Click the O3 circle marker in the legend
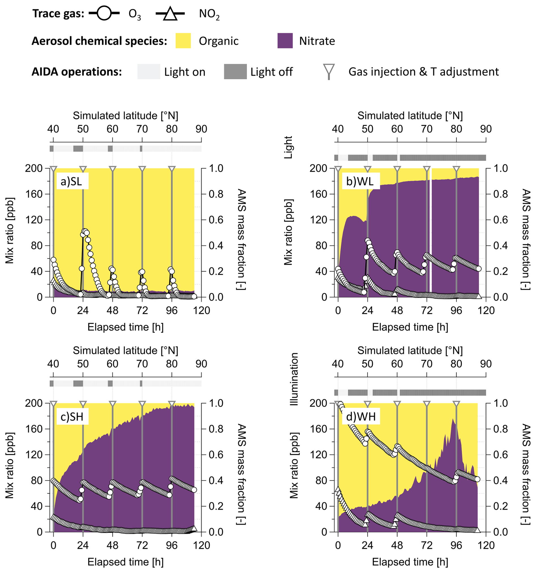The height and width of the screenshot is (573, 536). coord(104,13)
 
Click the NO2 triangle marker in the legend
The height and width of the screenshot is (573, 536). coord(170,14)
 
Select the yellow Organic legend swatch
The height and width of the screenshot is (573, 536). coord(183,41)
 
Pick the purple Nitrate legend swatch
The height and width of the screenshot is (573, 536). coord(285,41)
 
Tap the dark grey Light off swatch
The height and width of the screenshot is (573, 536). coord(235,71)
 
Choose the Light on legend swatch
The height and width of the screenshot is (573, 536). coord(148,71)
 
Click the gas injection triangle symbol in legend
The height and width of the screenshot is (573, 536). coord(329,70)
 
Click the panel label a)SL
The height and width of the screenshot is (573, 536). coord(71,181)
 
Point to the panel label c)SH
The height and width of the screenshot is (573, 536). coord(72,416)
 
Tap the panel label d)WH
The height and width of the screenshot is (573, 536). coord(361,416)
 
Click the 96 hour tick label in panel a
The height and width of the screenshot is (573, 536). coord(172,311)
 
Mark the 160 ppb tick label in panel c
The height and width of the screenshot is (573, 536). coord(33,429)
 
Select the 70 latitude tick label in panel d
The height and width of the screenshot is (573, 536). coord(426,364)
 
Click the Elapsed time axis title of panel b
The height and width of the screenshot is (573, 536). coord(410,327)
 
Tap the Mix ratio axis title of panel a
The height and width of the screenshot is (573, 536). coord(10,231)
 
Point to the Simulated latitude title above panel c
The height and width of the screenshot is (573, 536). coord(126,350)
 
